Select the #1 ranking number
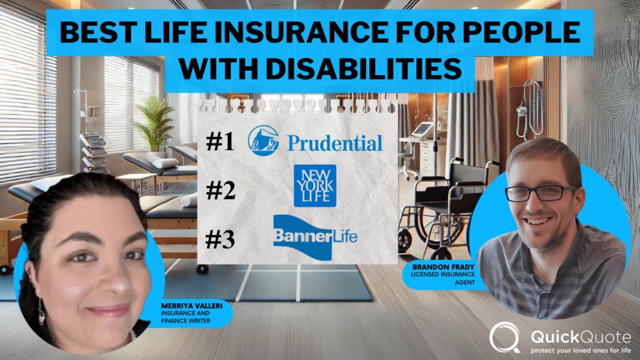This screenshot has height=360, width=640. (220, 142)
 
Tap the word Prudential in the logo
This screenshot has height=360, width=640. (334, 143)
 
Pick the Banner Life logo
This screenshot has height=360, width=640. (315, 233)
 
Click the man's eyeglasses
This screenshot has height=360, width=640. (540, 192)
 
